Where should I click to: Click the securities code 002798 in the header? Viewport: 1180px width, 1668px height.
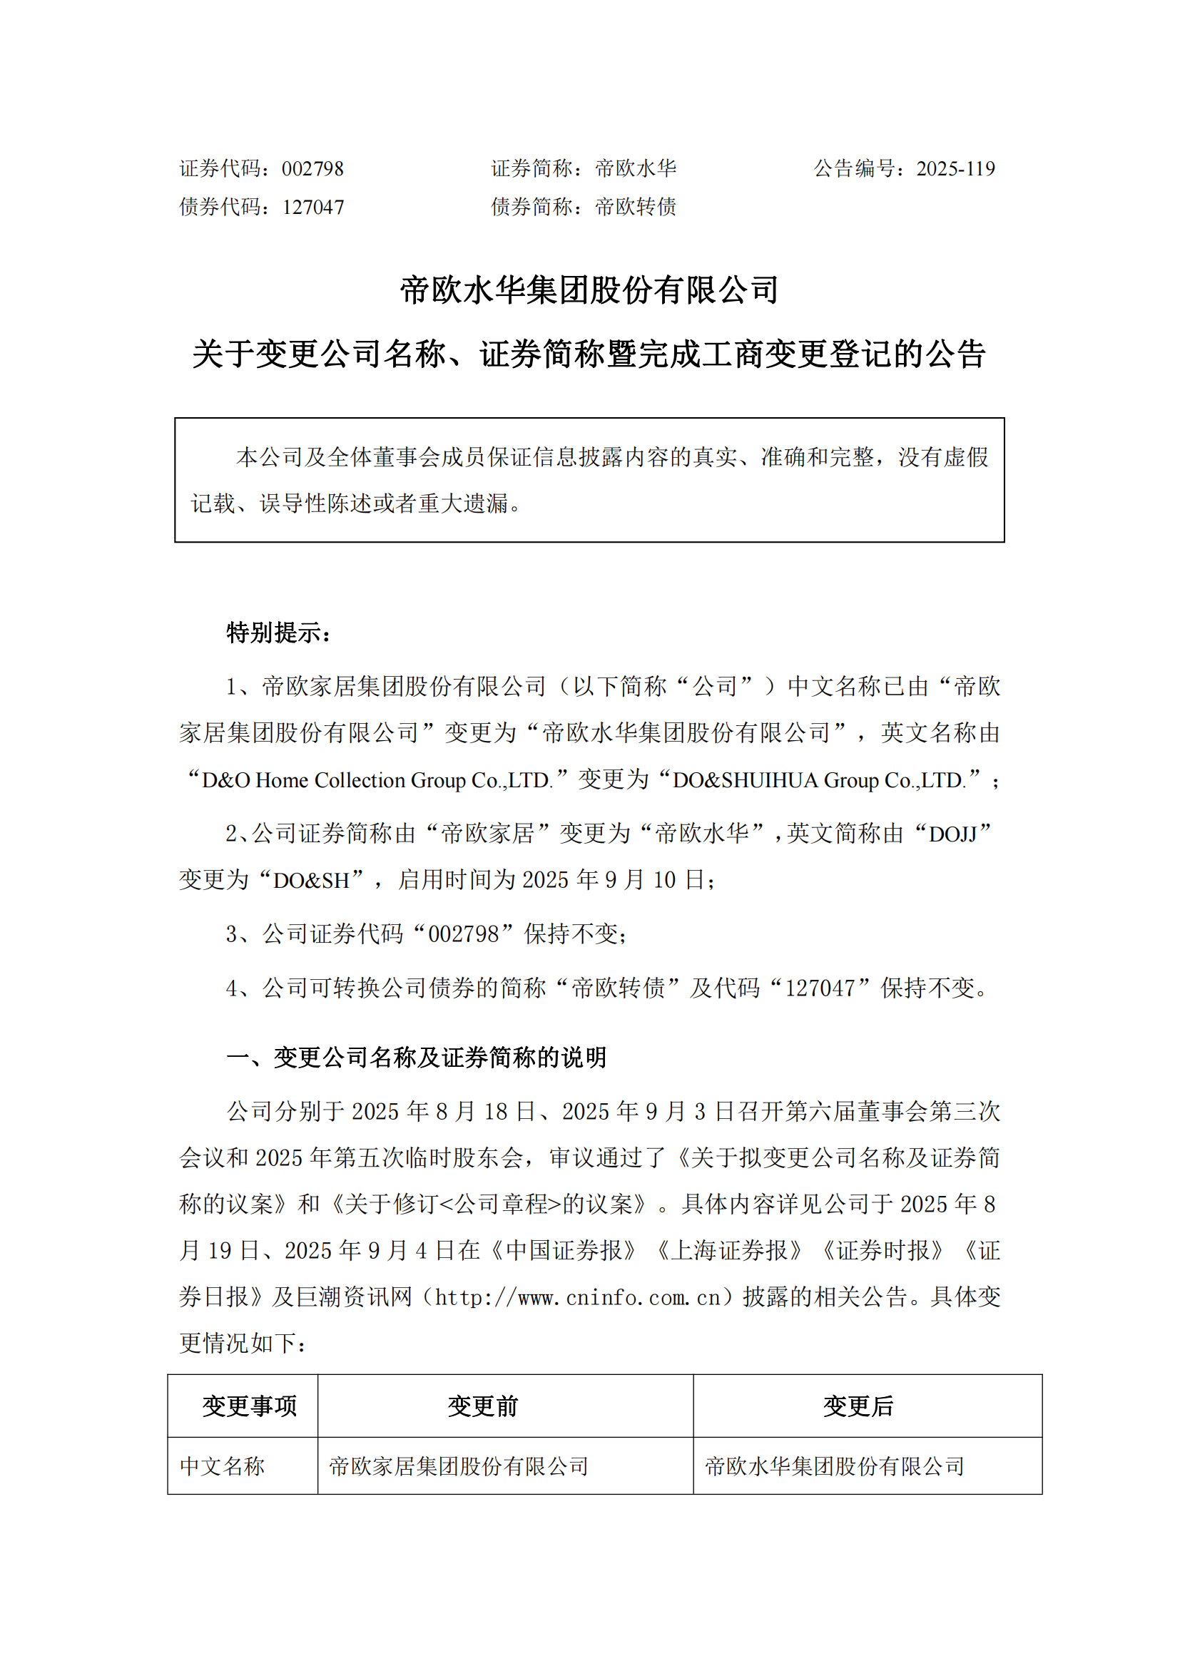click(x=312, y=169)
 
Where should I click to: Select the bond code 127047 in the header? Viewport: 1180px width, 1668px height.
click(x=313, y=208)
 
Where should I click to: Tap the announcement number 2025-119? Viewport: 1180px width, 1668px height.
click(x=955, y=169)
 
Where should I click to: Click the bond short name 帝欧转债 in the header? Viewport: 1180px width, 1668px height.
click(x=636, y=208)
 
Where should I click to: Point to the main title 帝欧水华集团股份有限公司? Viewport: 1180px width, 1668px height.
click(x=589, y=290)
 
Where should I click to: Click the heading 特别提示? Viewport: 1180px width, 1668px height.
click(x=279, y=633)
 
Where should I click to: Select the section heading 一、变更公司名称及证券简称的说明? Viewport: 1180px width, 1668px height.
click(x=417, y=1058)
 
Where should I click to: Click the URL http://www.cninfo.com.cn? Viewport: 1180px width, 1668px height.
click(x=577, y=1296)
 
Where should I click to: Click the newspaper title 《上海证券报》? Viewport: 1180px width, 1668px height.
click(x=730, y=1250)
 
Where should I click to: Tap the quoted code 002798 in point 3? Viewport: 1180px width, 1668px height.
click(x=464, y=934)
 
